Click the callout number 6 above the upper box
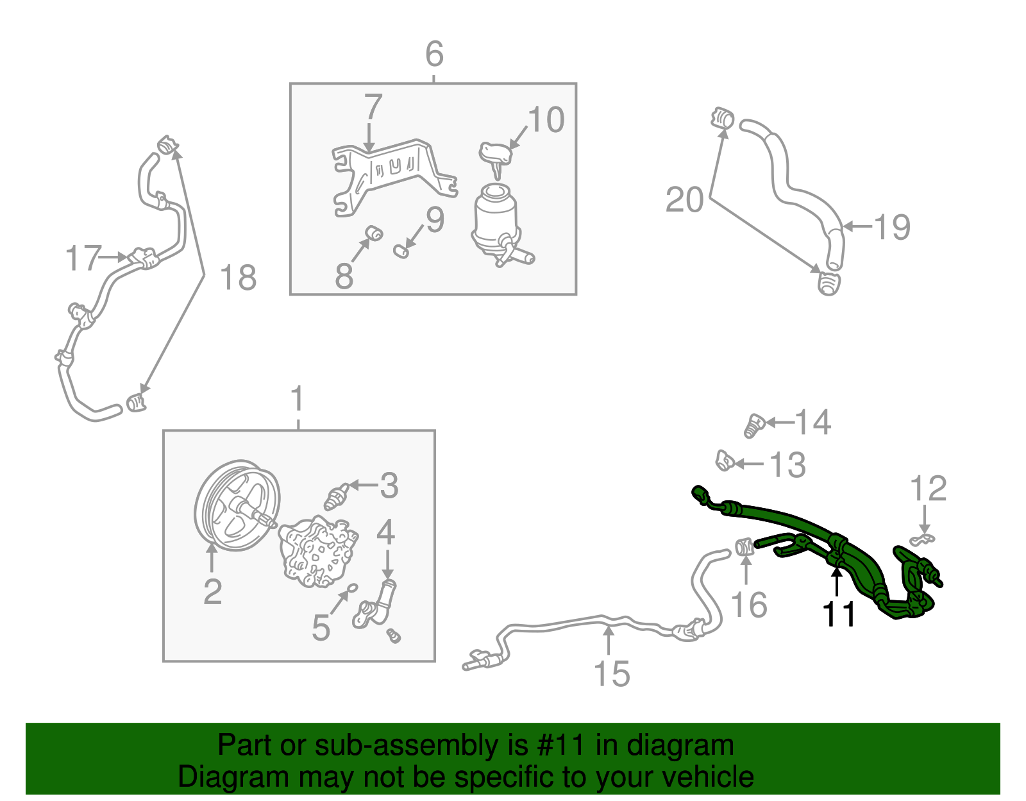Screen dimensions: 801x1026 coord(434,54)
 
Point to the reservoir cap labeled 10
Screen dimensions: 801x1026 coord(496,153)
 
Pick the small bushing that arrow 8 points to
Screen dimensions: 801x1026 coord(374,232)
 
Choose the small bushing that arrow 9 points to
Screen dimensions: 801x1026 coord(401,251)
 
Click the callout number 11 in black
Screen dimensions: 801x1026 coord(839,614)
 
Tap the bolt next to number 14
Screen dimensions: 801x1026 coord(754,426)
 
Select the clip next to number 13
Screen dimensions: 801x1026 coord(724,460)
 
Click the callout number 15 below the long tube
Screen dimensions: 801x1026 coord(612,674)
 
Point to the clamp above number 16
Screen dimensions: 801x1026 coord(744,547)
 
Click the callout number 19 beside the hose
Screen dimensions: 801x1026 coord(892,227)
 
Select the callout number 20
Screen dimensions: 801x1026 coord(684,200)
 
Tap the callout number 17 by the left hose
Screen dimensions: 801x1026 coord(83,258)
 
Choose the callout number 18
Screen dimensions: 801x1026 coord(238,278)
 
